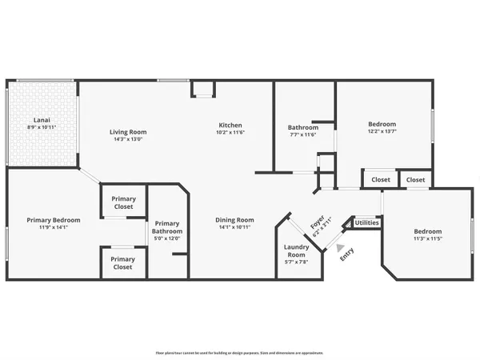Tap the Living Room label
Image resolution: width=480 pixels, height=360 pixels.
pos(128,132)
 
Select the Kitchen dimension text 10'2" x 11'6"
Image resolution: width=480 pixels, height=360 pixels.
pos(231,133)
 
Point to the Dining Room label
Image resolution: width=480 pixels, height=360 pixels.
pos(234,220)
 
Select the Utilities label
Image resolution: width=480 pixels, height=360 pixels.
pos(367,223)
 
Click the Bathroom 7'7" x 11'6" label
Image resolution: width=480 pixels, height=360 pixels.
pos(303,128)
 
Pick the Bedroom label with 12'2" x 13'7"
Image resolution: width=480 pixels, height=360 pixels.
pos(382,125)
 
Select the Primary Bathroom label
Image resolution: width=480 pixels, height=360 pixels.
pos(167,228)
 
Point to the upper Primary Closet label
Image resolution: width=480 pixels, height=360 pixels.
pos(123,202)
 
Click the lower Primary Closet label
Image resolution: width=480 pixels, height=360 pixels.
pos(122,263)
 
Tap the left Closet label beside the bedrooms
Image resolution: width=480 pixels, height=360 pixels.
pos(381,180)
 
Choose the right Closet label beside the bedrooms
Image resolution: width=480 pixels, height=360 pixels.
pos(415,180)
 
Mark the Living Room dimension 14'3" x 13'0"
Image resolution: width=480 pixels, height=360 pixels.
pos(128,140)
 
